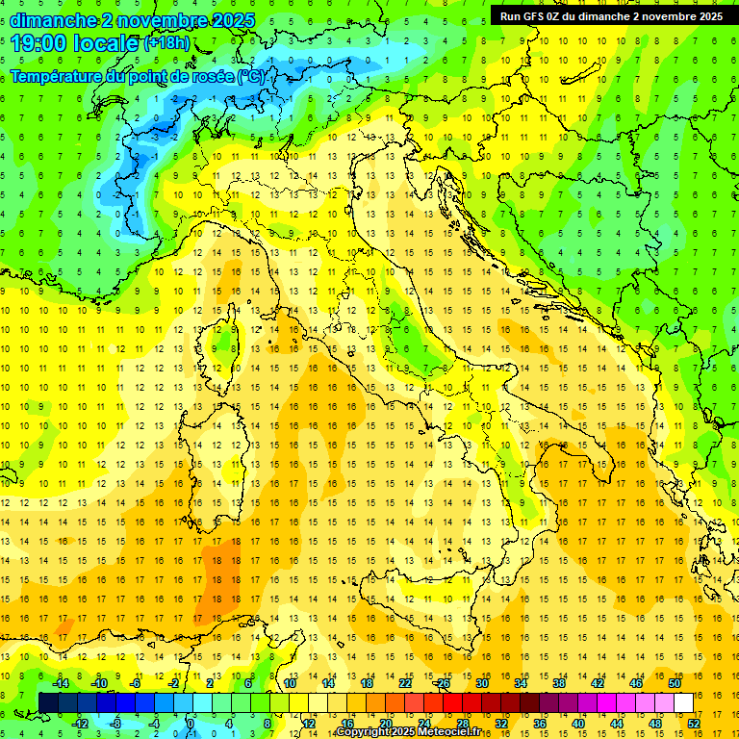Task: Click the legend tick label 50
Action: pos(675,683)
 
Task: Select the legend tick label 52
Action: pos(694,723)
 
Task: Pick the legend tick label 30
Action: pos(482,683)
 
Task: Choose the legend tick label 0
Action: pos(191,723)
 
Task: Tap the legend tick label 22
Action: pos(405,683)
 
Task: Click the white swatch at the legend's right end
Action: pos(683,702)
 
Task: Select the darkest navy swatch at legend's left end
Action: pos(48,702)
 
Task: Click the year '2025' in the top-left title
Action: pos(233,20)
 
